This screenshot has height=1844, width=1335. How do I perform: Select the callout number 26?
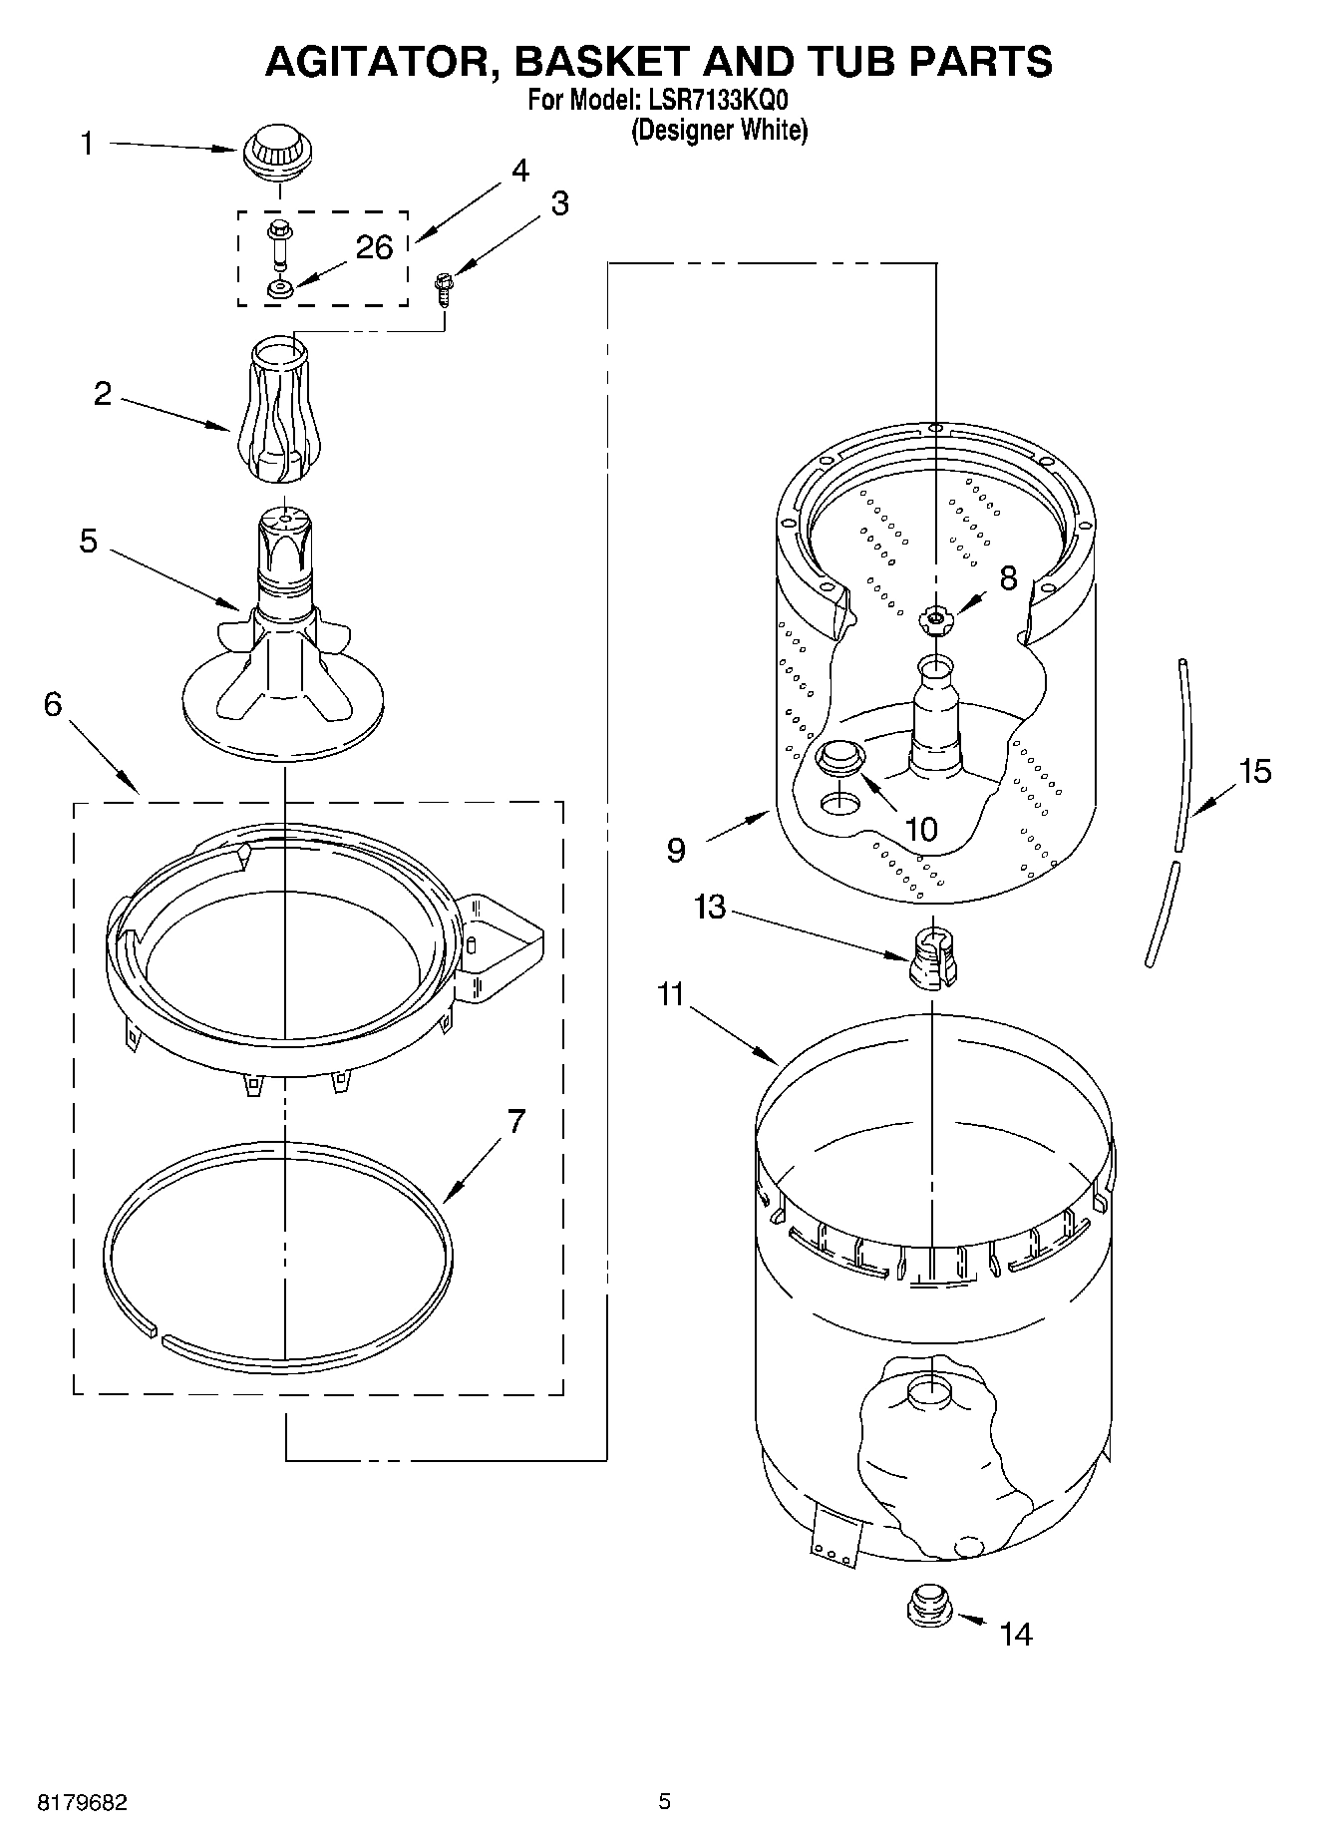click(374, 247)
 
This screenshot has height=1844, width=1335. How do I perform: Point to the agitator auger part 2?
click(281, 412)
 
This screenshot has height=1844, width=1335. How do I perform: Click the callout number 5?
click(89, 542)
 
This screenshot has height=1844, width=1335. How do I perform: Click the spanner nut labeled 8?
click(935, 620)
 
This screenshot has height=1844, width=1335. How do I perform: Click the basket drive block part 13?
click(930, 956)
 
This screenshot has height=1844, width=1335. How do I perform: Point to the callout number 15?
click(1255, 771)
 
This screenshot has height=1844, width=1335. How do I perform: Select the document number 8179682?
click(83, 1802)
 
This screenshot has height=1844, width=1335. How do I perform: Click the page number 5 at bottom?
click(664, 1801)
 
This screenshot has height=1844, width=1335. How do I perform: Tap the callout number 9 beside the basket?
click(676, 850)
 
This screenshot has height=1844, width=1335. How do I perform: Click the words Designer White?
click(719, 131)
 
